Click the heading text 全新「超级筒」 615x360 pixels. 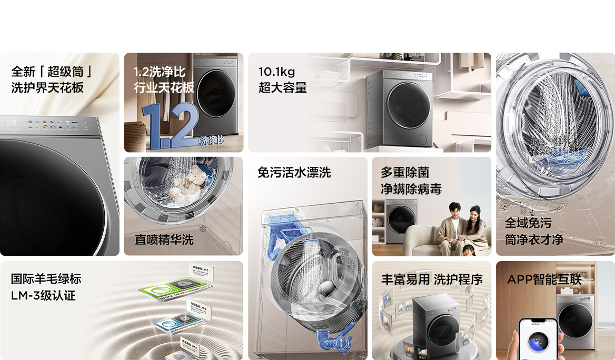click(x=52, y=71)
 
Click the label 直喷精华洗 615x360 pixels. click(x=164, y=239)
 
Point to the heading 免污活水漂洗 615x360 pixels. click(x=294, y=173)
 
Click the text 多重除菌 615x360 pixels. click(x=405, y=172)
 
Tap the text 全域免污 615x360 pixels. click(x=528, y=223)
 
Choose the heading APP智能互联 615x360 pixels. click(x=544, y=279)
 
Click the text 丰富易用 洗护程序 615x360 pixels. click(x=432, y=279)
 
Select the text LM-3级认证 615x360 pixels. click(x=43, y=295)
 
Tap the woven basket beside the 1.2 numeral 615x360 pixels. click(x=135, y=135)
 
